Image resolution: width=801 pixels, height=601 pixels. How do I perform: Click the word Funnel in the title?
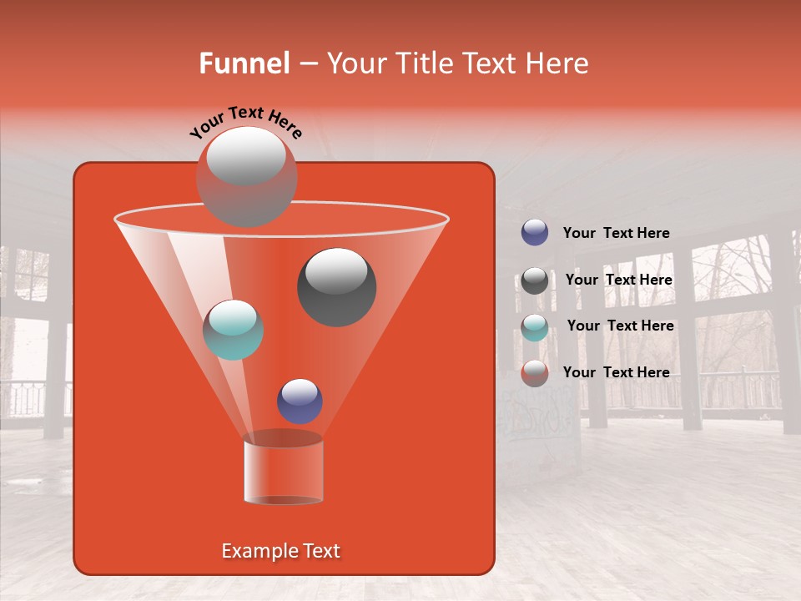coord(244,63)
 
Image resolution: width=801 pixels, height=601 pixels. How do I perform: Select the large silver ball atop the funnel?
coord(246,176)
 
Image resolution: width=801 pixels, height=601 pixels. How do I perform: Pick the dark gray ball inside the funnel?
coord(336,286)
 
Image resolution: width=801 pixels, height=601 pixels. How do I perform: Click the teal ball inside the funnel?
coord(233,330)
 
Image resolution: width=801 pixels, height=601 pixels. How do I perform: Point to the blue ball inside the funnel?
coord(300,401)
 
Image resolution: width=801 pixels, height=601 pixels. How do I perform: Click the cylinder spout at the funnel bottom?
coord(283,469)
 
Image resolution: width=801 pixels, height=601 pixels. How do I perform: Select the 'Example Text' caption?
coord(280,551)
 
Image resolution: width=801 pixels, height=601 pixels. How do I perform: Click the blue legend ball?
coord(535,233)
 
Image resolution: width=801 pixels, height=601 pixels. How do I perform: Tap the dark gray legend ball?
coord(535,280)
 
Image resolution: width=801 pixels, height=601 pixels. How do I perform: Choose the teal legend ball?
coord(535,326)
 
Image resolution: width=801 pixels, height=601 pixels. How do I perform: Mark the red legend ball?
coord(535,373)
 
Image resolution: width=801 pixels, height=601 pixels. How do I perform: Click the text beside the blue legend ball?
coord(616,233)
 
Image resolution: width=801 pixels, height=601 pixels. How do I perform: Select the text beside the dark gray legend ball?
coord(618,280)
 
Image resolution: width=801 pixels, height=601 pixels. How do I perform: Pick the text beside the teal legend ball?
coord(620,326)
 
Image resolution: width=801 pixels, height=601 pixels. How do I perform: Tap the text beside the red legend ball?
coord(616,372)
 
